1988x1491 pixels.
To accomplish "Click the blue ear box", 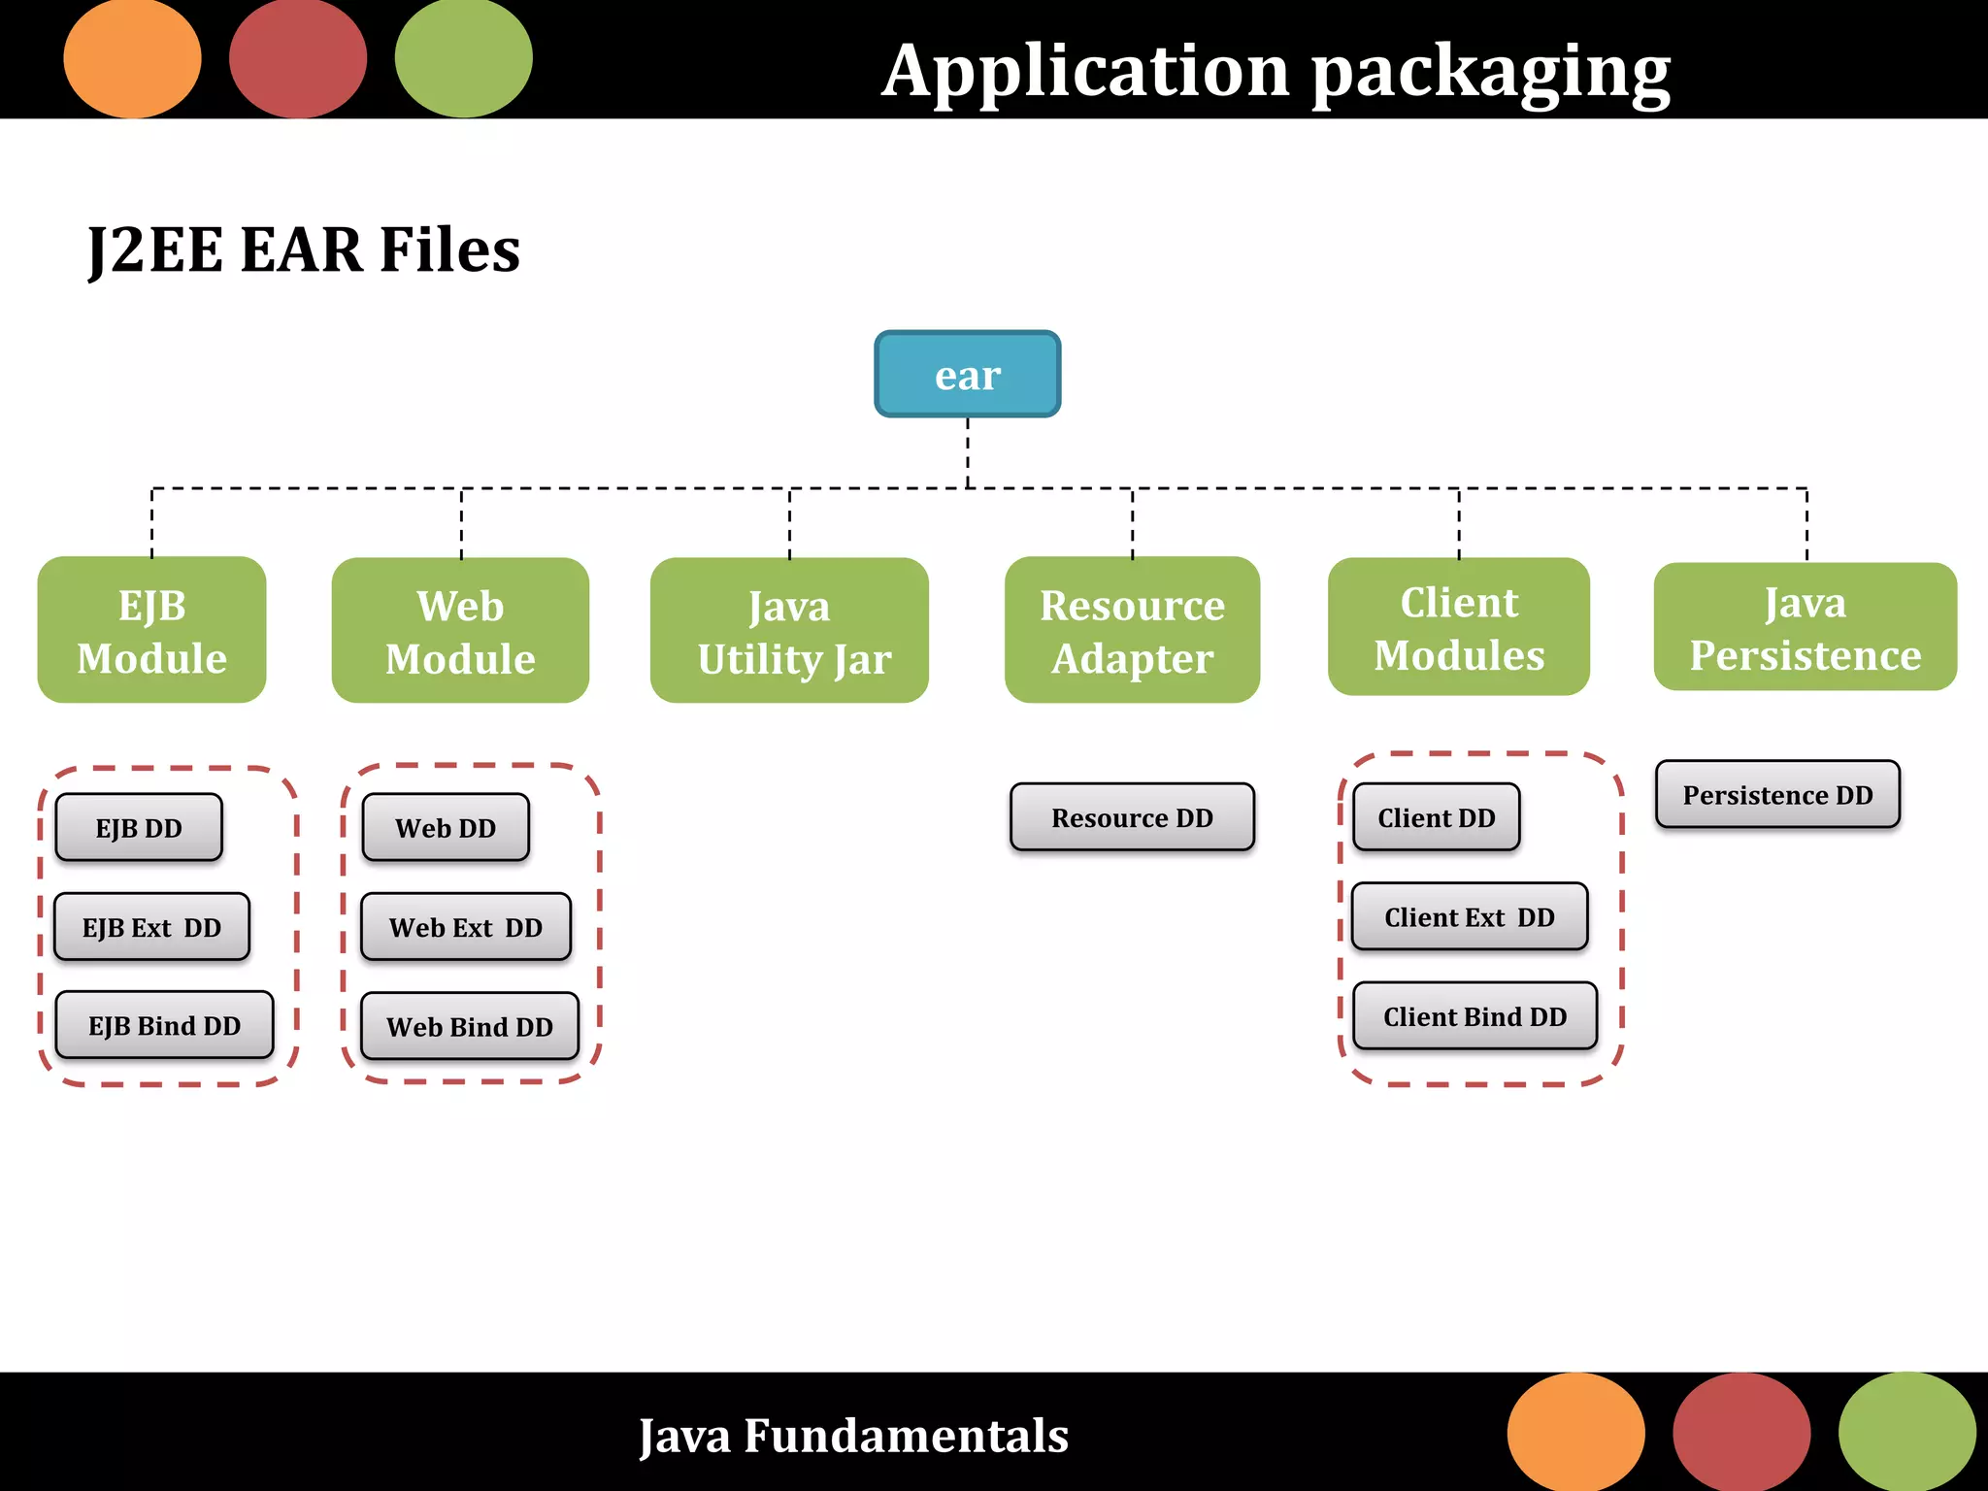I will tap(967, 375).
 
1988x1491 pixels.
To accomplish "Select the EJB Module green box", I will tap(151, 630).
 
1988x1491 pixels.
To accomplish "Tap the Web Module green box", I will tap(460, 631).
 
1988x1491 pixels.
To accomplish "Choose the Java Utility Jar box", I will tap(789, 631).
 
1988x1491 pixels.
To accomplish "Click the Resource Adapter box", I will tap(1132, 630).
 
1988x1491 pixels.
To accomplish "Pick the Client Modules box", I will tap(1458, 627).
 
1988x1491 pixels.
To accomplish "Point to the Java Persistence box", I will tap(1805, 627).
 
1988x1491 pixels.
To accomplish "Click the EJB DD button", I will tap(139, 828).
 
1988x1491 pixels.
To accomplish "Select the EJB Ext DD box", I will tap(151, 927).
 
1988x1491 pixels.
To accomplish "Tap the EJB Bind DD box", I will tap(164, 1025).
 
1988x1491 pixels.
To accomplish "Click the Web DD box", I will tap(446, 828).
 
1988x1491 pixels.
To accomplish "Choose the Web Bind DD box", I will tap(470, 1026).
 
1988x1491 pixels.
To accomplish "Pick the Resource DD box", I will tap(1132, 817).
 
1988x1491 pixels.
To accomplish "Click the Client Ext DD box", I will tap(1470, 916).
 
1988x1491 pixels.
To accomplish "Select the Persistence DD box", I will tap(1777, 795).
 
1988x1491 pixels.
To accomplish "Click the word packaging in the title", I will tap(1491, 73).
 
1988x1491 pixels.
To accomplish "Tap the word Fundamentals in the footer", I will tap(906, 1436).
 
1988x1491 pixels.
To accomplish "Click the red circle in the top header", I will tap(298, 59).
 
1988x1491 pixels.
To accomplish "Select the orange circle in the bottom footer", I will tap(1575, 1433).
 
